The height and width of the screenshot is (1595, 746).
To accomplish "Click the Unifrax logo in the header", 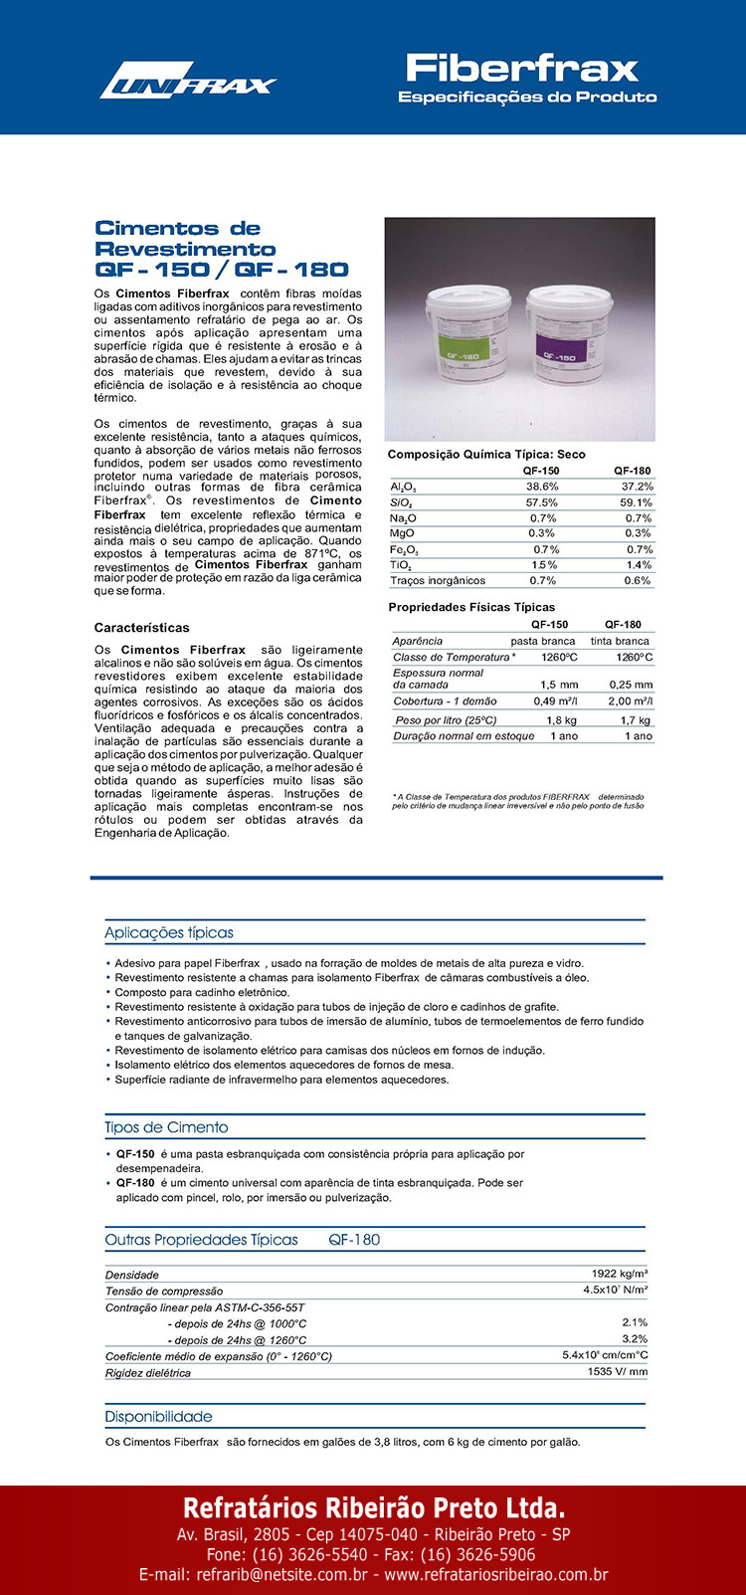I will pos(187,81).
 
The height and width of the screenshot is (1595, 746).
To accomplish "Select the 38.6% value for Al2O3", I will pos(542,487).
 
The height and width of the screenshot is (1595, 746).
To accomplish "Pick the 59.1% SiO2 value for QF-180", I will pos(636,502).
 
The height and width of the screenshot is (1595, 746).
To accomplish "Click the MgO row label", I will pos(403,533).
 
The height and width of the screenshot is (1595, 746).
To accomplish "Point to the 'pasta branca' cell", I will pos(543,641).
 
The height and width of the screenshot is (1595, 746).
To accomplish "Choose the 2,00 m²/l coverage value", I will pos(631,701).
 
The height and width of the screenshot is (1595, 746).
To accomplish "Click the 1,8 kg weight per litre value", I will pos(561,719).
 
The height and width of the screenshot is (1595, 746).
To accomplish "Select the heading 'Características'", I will pos(141,628).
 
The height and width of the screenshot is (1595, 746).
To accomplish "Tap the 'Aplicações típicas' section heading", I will pos(169,932).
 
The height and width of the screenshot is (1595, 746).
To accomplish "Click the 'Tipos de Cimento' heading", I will pos(166,1127).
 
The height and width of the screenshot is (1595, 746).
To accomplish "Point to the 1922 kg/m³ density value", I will pos(620,1274).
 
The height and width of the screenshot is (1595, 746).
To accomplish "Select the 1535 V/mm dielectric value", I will pos(617,1371).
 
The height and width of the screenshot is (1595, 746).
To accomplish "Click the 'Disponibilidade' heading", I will pos(158,1416).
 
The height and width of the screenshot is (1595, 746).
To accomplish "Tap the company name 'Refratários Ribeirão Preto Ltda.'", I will pos(373,1506).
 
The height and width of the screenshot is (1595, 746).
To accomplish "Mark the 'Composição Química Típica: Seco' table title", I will pos(486,454).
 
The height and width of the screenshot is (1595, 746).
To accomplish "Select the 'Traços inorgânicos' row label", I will pos(438,580).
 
